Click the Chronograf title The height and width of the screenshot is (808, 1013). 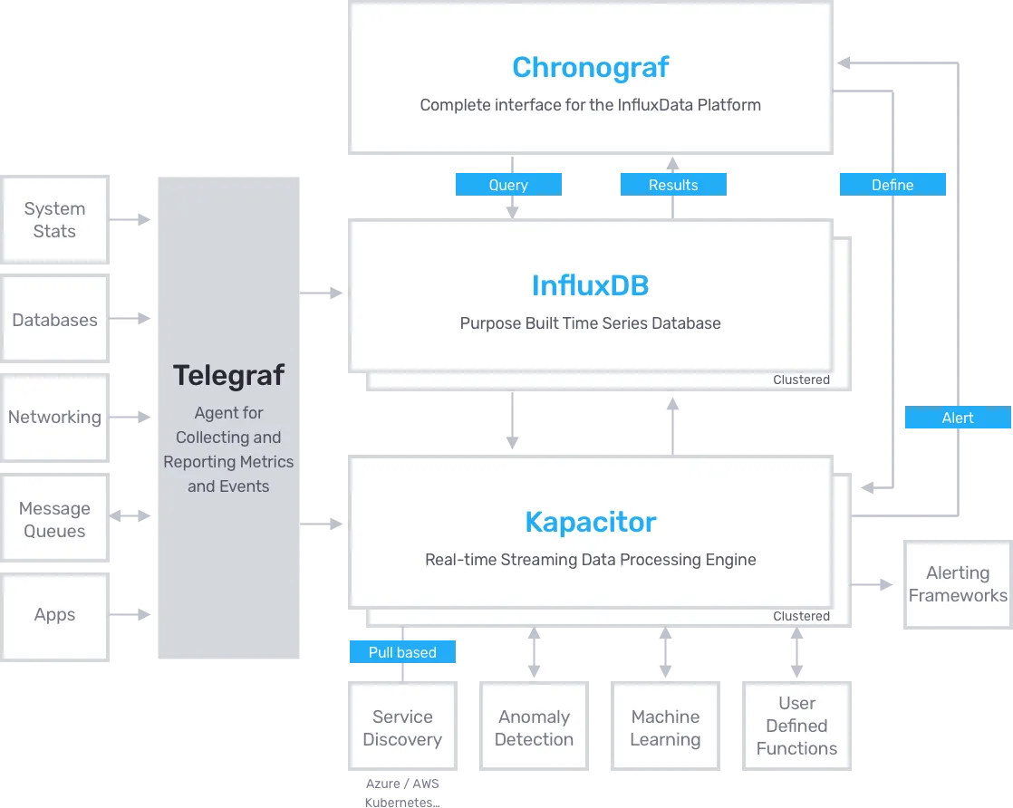(x=591, y=67)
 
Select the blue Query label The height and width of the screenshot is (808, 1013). (x=508, y=185)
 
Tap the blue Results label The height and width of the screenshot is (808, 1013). (x=673, y=185)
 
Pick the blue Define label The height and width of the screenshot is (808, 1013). (x=892, y=185)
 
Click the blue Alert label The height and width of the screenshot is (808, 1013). (x=958, y=418)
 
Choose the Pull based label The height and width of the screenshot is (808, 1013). (x=402, y=651)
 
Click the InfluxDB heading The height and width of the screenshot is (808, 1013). (x=591, y=285)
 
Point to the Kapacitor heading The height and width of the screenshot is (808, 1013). (x=591, y=522)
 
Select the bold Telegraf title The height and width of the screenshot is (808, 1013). (x=228, y=375)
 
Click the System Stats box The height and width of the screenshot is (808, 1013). (x=55, y=219)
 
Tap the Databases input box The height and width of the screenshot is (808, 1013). (x=55, y=319)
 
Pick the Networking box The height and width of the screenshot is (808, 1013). (x=55, y=418)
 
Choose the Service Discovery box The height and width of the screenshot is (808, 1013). (x=402, y=726)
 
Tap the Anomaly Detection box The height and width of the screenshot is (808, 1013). (x=535, y=726)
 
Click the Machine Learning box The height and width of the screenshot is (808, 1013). (x=665, y=726)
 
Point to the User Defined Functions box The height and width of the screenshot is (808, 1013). (x=796, y=726)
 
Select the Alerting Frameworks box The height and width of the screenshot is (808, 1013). (x=958, y=584)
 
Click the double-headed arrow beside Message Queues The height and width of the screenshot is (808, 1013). (x=130, y=515)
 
